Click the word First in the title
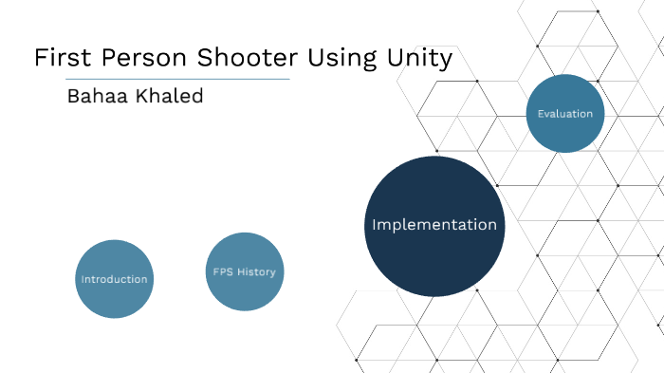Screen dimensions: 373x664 [x=61, y=57]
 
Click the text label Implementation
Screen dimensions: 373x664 [x=433, y=225]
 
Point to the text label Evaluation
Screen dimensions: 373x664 [x=564, y=114]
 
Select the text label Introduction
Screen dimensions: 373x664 [x=114, y=279]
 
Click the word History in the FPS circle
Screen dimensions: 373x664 [x=256, y=272]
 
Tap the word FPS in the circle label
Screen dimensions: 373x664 [x=223, y=272]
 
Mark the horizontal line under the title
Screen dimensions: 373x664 [x=161, y=79]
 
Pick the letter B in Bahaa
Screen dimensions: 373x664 [x=72, y=97]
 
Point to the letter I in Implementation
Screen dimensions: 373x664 [x=374, y=225]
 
